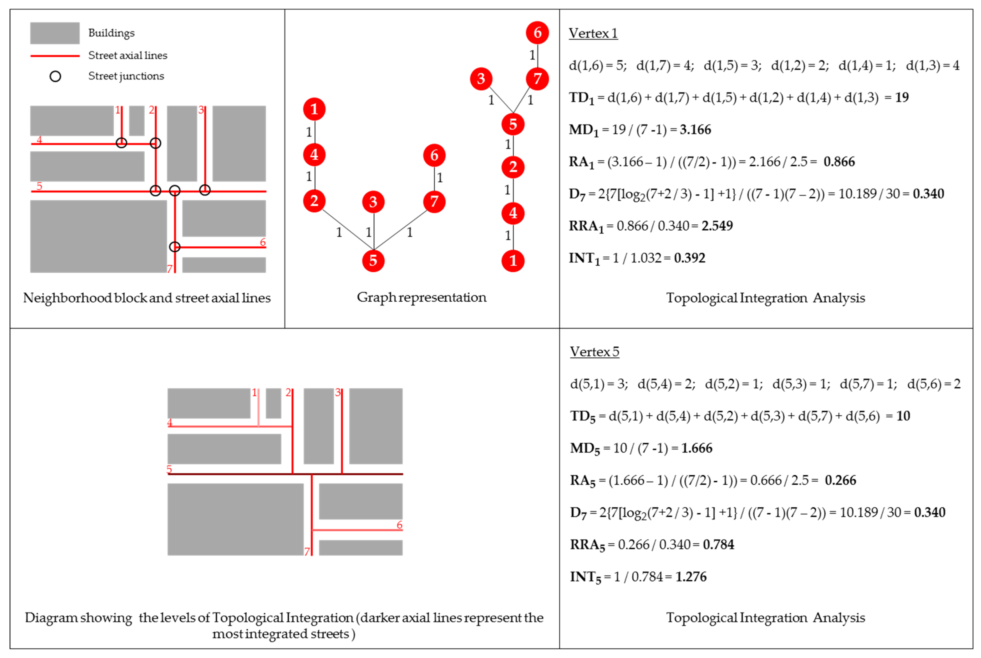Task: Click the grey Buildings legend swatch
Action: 54,33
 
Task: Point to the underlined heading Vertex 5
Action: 594,352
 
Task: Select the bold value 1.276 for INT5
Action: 691,576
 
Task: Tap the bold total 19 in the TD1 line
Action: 902,97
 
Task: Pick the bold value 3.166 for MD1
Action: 695,130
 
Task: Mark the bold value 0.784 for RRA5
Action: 718,545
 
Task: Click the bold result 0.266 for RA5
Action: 840,480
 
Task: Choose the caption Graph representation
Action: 421,297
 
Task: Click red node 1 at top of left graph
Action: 314,109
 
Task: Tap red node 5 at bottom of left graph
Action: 373,261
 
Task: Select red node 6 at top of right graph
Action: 537,33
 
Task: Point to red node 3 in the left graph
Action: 373,202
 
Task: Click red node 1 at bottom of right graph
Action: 513,261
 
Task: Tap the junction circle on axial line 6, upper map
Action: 175,247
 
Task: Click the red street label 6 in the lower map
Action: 399,525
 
